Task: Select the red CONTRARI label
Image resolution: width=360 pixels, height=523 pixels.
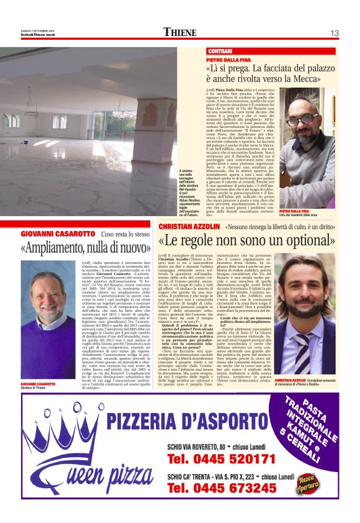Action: click(x=220, y=50)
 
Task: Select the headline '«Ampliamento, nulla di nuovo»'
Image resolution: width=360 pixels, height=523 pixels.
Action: click(x=81, y=248)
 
